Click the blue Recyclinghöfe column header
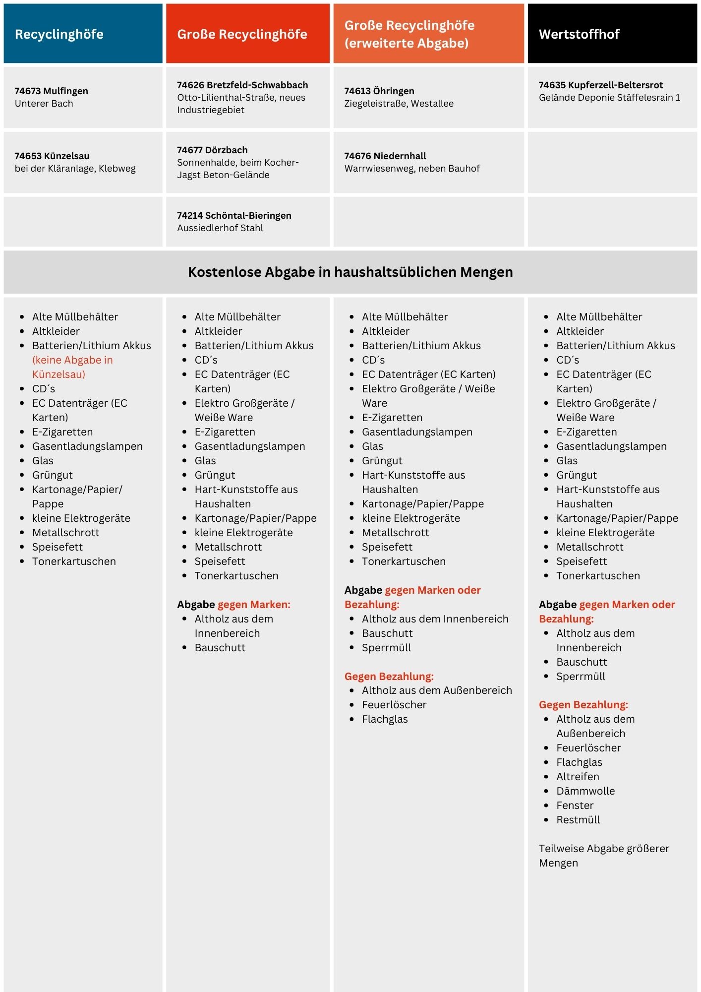tap(59, 34)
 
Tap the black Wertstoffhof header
tap(579, 34)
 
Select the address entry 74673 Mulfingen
tap(51, 91)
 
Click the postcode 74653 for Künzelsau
tap(28, 156)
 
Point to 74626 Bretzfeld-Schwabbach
tap(242, 85)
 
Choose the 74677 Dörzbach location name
tap(212, 150)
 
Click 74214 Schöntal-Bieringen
tap(234, 215)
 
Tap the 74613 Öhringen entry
tap(379, 91)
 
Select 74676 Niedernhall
tap(385, 156)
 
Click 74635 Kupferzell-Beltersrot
tap(600, 85)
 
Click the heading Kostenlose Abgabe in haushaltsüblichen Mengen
tap(350, 272)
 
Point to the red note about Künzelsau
tap(72, 367)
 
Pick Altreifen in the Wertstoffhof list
tap(578, 776)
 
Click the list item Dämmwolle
tap(585, 791)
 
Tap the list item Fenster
tap(575, 805)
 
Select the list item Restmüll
tap(578, 819)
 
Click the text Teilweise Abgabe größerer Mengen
tap(603, 855)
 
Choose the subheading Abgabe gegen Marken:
tap(234, 604)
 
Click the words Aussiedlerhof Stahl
tap(220, 228)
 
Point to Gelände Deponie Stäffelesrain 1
tap(609, 97)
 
